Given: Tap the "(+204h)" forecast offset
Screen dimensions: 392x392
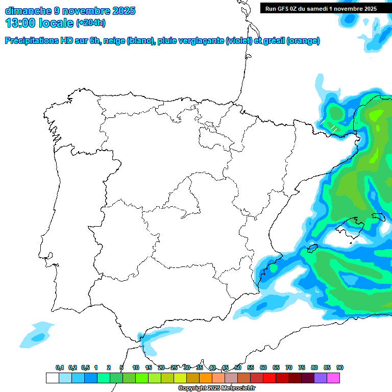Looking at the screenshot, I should [90, 23].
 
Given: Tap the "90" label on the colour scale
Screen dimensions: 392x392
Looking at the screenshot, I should [340, 367].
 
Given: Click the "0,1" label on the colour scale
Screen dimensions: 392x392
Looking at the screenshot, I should [59, 367].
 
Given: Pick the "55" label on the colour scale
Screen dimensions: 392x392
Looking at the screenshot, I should [251, 367].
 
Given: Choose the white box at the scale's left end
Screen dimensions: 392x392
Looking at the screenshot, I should [52, 378].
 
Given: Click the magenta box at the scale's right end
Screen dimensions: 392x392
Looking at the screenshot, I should [333, 378].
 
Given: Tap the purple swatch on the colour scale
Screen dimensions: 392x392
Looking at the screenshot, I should [321, 378].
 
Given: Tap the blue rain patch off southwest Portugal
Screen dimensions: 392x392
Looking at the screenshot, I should [37, 337].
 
